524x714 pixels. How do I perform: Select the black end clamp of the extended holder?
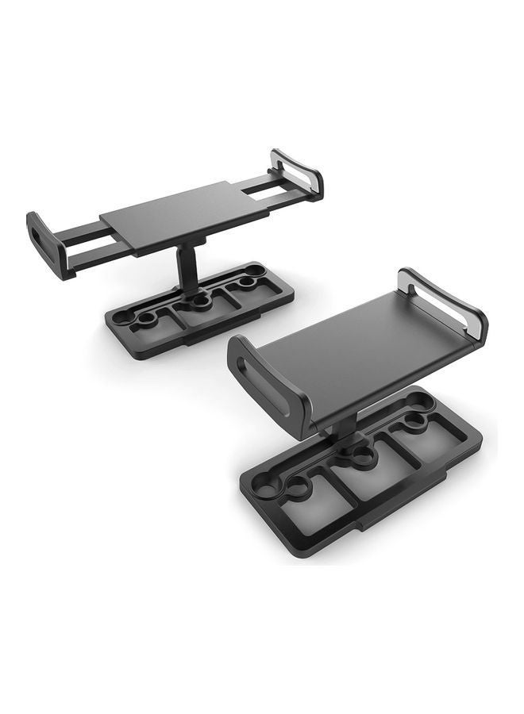[49, 244]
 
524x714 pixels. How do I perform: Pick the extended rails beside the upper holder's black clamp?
[87, 244]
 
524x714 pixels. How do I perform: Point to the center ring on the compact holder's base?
[362, 455]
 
